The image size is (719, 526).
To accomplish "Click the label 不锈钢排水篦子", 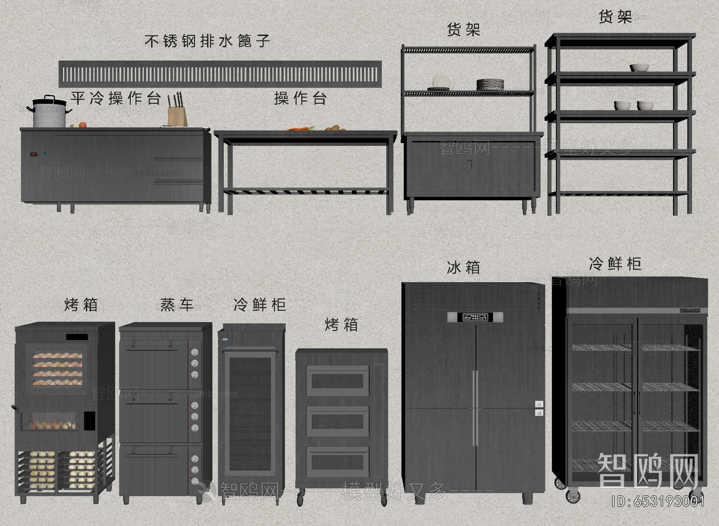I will click(x=207, y=41).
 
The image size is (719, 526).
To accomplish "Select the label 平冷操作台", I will click(x=115, y=98).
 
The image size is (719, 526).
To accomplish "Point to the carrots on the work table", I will click(x=300, y=129).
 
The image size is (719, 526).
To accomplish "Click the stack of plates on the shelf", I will click(x=490, y=84).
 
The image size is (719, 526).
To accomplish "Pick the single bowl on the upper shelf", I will click(x=639, y=67).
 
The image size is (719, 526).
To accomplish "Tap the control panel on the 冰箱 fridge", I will click(x=475, y=317).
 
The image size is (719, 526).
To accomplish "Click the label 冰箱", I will click(x=463, y=268).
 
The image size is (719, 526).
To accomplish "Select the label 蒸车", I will click(x=177, y=305).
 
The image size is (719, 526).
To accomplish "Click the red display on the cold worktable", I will click(x=34, y=155).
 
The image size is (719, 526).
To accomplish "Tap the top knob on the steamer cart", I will click(x=195, y=352).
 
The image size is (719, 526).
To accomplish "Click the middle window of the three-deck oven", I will click(x=337, y=421).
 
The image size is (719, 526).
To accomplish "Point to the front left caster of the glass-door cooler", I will click(x=573, y=496).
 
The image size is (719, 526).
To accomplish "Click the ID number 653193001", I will click(x=658, y=501).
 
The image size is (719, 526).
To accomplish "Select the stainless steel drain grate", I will click(x=220, y=74).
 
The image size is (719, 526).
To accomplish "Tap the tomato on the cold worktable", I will click(x=83, y=125).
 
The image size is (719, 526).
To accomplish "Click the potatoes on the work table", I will click(x=335, y=128).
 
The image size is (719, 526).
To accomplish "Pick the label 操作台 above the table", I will click(x=301, y=98).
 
